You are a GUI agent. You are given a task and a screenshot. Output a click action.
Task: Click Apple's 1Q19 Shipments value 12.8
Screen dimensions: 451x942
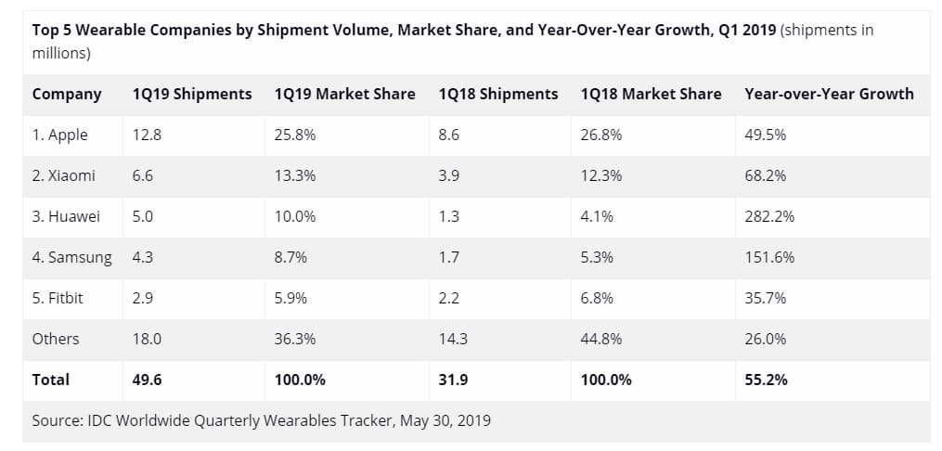[147, 135]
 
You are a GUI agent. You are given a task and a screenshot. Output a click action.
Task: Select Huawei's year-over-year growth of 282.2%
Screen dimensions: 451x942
[769, 216]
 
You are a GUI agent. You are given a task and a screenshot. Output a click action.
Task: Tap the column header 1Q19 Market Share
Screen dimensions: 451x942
[344, 94]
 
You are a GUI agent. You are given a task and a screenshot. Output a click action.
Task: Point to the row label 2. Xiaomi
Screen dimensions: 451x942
[63, 175]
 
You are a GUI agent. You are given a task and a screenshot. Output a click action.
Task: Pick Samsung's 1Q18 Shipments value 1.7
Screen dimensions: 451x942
[448, 257]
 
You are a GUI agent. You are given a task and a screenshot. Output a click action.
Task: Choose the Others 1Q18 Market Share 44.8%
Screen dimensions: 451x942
[600, 339]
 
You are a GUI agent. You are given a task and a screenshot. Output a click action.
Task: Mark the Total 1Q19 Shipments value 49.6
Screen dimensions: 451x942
[148, 380]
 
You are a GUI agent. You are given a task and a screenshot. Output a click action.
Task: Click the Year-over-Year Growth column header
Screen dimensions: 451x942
[829, 94]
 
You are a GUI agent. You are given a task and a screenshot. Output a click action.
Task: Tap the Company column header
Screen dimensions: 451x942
[67, 94]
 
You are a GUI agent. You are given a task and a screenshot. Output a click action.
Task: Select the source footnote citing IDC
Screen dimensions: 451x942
[261, 420]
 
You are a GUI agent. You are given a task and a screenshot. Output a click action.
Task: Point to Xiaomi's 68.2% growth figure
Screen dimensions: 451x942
[766, 175]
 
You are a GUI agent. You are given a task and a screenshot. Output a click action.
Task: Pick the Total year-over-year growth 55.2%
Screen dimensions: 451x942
[766, 380]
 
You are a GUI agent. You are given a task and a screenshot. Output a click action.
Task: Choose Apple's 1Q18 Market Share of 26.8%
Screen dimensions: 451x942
[600, 135]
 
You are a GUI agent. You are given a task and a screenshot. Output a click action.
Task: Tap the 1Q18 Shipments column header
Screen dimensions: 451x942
[497, 94]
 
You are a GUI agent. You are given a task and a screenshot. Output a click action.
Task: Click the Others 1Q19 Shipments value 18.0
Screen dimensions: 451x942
[147, 339]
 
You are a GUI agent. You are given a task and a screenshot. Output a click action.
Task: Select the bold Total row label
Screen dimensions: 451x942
[50, 380]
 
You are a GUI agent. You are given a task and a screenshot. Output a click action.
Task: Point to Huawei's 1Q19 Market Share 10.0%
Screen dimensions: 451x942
[295, 216]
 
